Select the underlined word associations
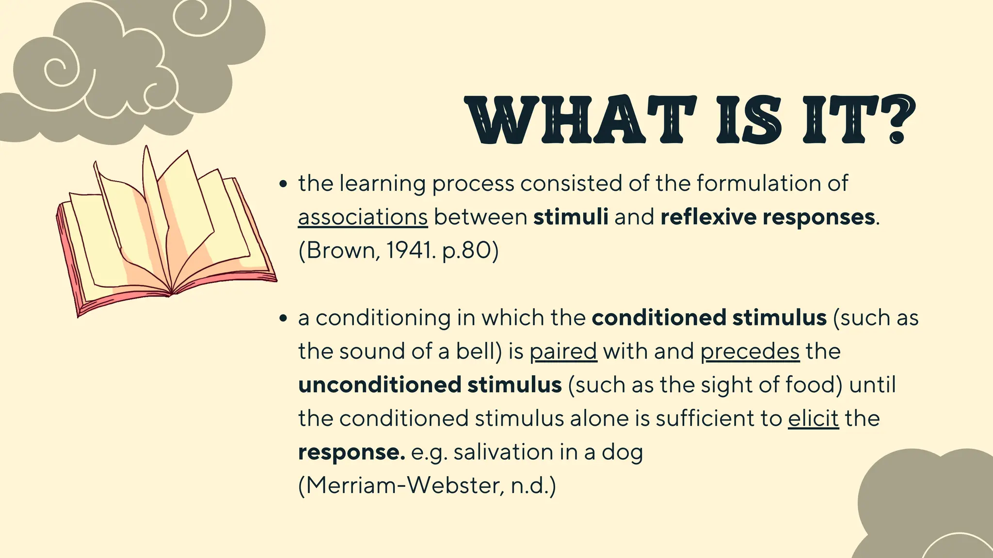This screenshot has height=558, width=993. [363, 217]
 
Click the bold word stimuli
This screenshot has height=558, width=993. [571, 217]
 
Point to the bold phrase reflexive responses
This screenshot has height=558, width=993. [768, 217]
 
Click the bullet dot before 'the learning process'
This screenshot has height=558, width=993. [284, 185]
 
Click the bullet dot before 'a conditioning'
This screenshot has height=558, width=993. [284, 319]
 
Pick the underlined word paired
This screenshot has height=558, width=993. [563, 352]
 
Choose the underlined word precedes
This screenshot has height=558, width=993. [750, 352]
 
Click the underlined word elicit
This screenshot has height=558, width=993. [813, 418]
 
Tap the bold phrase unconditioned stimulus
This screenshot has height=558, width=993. [430, 385]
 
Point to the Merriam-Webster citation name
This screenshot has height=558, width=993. [402, 486]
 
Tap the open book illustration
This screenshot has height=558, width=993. [165, 232]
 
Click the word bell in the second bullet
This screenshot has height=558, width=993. [476, 352]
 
